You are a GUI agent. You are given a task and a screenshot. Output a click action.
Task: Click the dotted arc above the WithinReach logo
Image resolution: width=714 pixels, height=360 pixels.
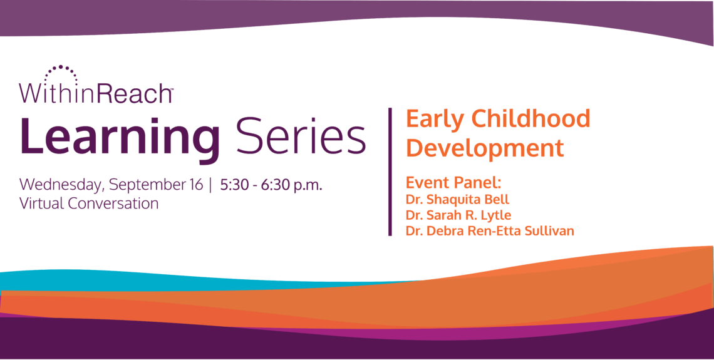coord(61,67)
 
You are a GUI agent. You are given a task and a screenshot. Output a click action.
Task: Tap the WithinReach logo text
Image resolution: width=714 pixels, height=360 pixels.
coord(95,93)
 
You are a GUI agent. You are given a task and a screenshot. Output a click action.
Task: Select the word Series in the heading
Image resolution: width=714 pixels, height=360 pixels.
coord(301,135)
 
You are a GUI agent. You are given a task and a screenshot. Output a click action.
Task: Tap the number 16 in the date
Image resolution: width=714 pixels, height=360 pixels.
coord(196,185)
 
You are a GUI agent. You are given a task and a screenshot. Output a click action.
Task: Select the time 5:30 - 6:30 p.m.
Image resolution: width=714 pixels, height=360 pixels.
coord(271,185)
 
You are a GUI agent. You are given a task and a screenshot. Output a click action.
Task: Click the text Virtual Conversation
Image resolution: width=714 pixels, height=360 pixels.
coord(89,203)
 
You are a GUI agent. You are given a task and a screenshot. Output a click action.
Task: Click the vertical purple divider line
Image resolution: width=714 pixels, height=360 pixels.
coord(390,172)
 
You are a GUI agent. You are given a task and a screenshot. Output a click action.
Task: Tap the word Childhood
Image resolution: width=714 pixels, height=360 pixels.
coord(530,118)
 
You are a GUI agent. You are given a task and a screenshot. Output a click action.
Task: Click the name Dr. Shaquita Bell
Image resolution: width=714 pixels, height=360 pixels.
coord(457,199)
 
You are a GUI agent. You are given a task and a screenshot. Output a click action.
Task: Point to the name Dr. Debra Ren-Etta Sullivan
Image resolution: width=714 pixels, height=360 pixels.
coord(490,231)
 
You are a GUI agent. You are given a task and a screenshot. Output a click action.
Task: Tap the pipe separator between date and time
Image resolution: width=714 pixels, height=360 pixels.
coord(211,186)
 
